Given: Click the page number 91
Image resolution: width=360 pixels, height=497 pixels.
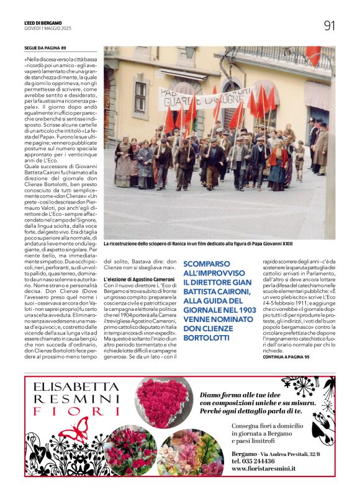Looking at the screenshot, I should click(329, 25).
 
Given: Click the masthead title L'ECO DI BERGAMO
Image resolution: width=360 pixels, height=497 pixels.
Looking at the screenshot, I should click(43, 23).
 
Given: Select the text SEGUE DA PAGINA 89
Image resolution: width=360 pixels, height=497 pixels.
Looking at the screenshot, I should click(45, 48).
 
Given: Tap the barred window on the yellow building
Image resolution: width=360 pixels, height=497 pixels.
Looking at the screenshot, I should click(140, 97).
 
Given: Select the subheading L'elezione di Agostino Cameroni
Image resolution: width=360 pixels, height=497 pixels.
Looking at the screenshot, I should click(130, 279).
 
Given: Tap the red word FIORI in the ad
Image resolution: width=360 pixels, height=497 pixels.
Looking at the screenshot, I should click(68, 412).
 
